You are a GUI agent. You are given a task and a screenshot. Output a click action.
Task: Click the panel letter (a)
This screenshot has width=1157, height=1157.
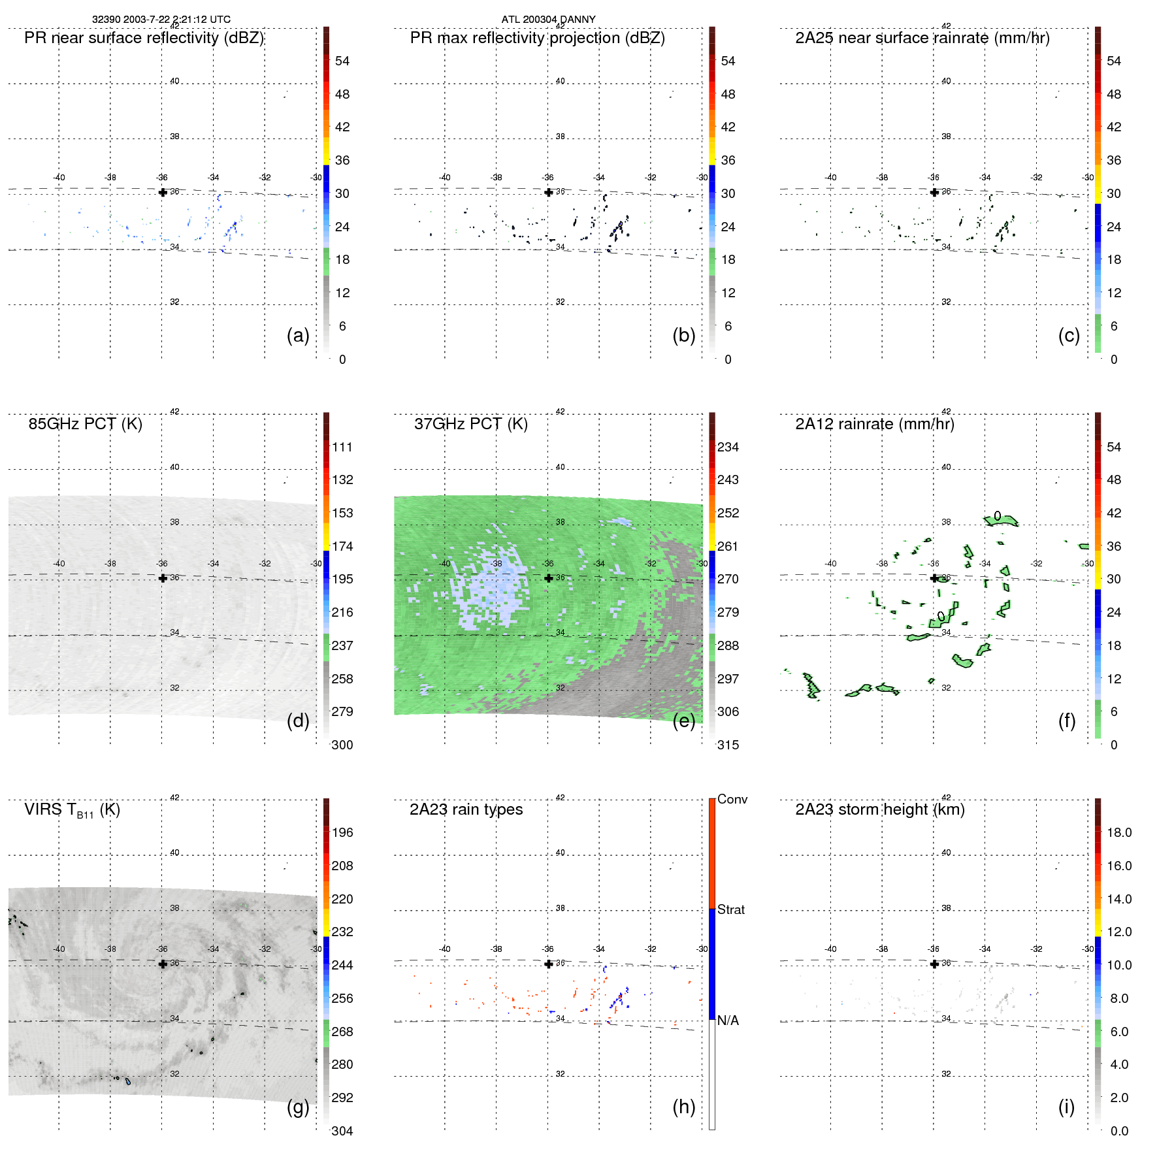[298, 336]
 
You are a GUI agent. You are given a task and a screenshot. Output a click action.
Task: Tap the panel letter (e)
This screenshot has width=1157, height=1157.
[683, 721]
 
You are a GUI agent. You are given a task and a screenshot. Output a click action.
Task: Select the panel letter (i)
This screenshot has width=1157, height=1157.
[1066, 1107]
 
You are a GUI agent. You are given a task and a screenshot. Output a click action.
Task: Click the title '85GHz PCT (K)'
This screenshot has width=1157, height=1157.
[85, 424]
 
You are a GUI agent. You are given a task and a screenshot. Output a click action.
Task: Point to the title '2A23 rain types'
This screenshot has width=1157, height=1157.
[466, 809]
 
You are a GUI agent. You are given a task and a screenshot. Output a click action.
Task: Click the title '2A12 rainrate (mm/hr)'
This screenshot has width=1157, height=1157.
[875, 424]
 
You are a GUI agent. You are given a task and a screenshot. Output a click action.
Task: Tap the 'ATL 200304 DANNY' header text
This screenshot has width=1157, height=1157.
[548, 19]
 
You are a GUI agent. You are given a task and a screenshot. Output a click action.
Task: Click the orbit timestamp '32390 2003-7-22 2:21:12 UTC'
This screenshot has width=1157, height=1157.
[161, 19]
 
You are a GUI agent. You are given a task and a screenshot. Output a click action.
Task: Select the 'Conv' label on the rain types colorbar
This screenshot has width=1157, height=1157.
[732, 799]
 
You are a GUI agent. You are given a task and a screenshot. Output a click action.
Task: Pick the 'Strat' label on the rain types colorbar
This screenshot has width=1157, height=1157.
[731, 909]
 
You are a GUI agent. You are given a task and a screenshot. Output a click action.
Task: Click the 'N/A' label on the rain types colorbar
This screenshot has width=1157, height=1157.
[728, 1020]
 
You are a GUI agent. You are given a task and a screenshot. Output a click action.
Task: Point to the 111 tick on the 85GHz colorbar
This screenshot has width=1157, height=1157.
[342, 447]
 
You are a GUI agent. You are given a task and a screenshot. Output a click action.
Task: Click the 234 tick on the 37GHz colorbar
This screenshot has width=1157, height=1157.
[728, 447]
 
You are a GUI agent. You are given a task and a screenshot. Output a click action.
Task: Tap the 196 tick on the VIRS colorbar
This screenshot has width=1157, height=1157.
[342, 832]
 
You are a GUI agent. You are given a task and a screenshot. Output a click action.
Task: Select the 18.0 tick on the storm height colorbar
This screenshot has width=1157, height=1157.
[1119, 832]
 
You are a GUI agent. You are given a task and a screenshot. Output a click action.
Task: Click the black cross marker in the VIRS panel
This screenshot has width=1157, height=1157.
[163, 964]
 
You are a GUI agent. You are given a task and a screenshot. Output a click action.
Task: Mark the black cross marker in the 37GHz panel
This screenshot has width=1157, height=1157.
[549, 578]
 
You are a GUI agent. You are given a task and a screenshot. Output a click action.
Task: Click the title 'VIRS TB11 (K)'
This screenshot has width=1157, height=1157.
[72, 810]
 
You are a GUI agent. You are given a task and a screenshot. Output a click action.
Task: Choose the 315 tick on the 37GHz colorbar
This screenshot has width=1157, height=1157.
[728, 745]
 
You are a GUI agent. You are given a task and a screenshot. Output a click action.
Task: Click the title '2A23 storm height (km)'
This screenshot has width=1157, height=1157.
[880, 809]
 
